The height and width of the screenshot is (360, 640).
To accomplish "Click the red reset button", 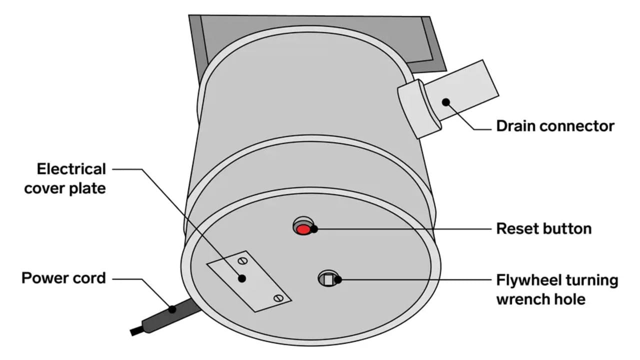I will point(302,229).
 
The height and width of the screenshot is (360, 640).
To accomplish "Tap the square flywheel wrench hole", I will point(328,280).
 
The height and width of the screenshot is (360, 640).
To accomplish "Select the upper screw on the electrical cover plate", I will point(242,260).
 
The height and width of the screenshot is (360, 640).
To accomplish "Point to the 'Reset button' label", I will point(543,229).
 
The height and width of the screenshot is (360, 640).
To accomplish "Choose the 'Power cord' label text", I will point(63,278).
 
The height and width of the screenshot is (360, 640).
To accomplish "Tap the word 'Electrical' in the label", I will point(71,169).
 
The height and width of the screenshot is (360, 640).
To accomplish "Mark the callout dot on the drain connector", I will point(445,102).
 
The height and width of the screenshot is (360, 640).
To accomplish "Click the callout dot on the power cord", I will point(172,309).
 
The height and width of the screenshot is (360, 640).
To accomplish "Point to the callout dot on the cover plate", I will point(242,278).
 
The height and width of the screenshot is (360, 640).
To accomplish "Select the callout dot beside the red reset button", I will point(314,229).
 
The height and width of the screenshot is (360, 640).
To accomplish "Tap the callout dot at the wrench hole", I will point(338,280).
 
